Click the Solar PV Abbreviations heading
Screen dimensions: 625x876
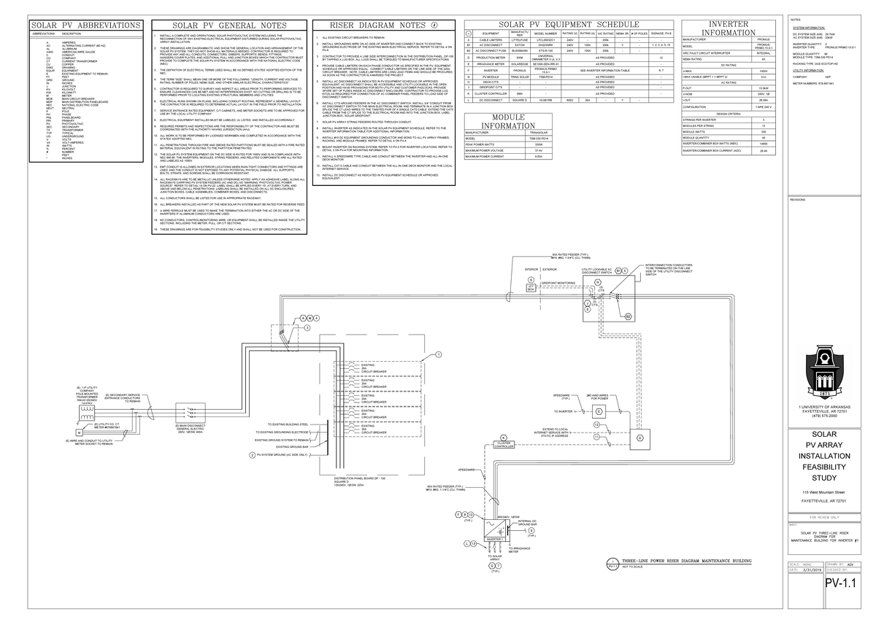pyautogui.click(x=86, y=25)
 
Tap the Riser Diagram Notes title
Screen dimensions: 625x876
pyautogui.click(x=377, y=25)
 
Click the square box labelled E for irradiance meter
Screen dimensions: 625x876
pyautogui.click(x=640, y=438)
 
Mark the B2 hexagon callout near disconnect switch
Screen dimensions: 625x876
pyautogui.click(x=627, y=316)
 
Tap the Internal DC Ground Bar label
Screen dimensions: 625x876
pyautogui.click(x=529, y=522)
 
